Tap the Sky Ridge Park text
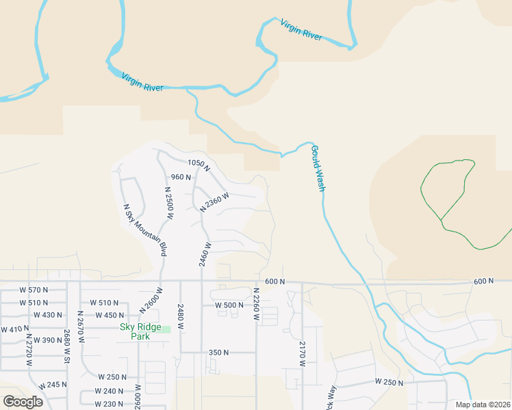(x=140, y=331)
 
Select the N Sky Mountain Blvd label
(x=144, y=230)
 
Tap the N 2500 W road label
(x=168, y=202)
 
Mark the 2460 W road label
(x=204, y=254)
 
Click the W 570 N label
(x=34, y=290)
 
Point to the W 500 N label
(x=229, y=305)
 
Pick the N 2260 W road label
(x=256, y=303)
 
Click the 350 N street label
(x=218, y=353)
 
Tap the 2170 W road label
(x=301, y=353)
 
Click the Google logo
(x=23, y=401)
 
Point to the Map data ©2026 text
(x=483, y=405)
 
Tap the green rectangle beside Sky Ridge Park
(x=166, y=330)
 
